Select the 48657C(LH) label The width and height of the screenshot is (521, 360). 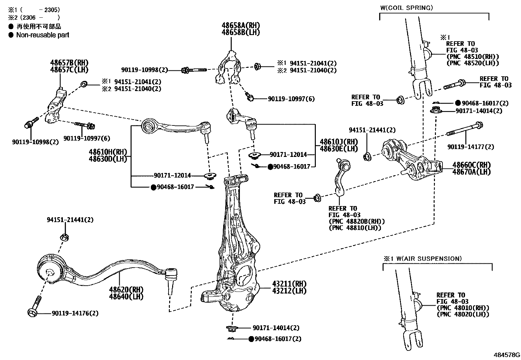tap(69, 69)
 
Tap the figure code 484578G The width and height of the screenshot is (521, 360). tap(507, 355)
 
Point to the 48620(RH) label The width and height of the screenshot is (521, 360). tap(126, 290)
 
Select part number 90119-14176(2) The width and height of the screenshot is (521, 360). tap(75, 313)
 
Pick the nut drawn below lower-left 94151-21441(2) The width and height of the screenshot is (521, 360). tap(64, 237)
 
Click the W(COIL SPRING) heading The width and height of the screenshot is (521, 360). tap(406, 8)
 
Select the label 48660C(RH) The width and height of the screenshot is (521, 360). tap(472, 165)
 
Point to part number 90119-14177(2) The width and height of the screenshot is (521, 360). tap(471, 147)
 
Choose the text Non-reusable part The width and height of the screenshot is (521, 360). tap(43, 35)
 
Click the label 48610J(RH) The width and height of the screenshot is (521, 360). tap(334, 142)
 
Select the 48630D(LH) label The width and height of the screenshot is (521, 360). tap(108, 159)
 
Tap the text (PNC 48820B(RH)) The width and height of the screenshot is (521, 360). tap(357, 221)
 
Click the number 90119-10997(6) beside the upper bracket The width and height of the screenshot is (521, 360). tap(291, 99)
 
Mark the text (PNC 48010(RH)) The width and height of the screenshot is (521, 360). tap(463, 308)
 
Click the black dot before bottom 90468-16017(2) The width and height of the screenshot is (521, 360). tap(251, 339)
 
